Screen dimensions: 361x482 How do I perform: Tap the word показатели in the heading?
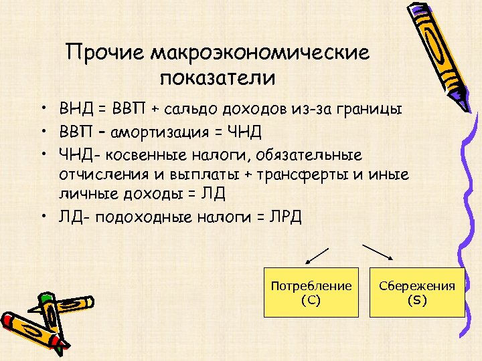click(x=218, y=78)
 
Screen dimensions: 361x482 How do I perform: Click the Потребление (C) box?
click(x=311, y=293)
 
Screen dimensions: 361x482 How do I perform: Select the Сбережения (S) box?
click(x=417, y=293)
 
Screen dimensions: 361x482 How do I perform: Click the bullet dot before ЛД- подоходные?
click(x=42, y=217)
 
